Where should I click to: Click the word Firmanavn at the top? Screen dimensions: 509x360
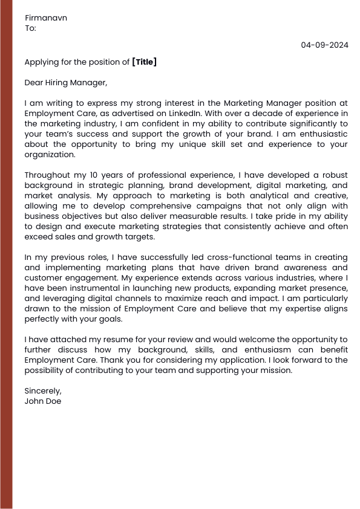46,18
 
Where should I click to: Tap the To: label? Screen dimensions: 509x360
30,28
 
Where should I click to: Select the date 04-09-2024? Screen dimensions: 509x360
325,45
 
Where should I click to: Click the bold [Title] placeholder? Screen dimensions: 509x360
144,62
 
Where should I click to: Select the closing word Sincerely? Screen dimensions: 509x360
43,391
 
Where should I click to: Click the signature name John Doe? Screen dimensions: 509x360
43,401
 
